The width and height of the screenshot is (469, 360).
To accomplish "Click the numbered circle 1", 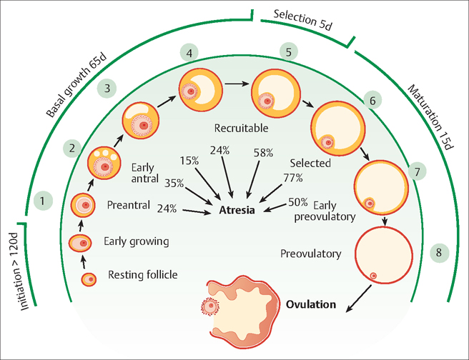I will [44, 201].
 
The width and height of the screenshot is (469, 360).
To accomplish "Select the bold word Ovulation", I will [310, 304].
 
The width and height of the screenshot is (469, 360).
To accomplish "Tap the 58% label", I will [262, 153].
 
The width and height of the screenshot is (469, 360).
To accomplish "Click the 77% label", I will [293, 177].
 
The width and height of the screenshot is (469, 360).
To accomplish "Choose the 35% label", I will [174, 183].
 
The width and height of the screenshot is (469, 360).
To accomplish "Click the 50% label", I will [297, 201].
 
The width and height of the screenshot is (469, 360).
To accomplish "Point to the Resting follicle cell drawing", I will [90, 279].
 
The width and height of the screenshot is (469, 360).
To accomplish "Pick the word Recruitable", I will [241, 129].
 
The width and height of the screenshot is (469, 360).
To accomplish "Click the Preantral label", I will [129, 205].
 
